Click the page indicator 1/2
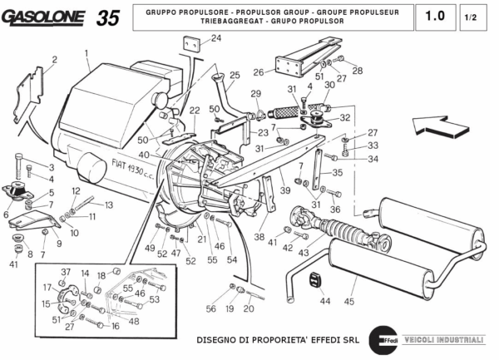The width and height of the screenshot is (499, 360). click(x=471, y=17)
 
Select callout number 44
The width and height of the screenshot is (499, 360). click(x=324, y=300)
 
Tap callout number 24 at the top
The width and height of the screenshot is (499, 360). click(x=215, y=38)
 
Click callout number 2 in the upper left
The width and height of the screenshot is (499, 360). click(x=54, y=60)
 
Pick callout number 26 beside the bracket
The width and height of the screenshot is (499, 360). click(x=259, y=72)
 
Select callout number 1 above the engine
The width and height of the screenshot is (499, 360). click(x=86, y=52)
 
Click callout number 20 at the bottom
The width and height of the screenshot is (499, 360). click(x=248, y=308)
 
